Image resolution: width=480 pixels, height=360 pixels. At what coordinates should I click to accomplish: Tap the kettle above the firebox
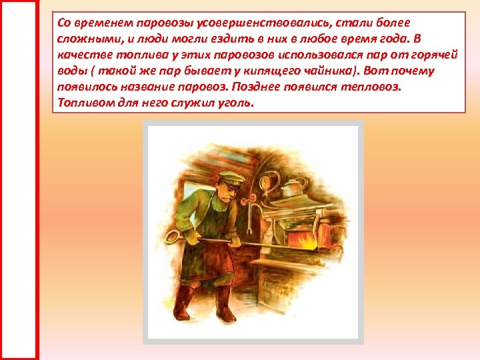(x=292, y=188)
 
